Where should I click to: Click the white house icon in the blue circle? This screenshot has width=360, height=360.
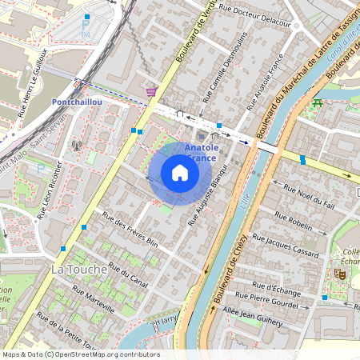180,173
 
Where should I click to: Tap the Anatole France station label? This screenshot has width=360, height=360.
201,153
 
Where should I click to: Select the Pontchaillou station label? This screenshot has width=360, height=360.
76,102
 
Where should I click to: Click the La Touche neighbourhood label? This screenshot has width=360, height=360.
78,270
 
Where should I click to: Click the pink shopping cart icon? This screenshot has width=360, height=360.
151,93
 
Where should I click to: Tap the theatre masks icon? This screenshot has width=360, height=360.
339,274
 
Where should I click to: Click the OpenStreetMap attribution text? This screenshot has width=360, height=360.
80,354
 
